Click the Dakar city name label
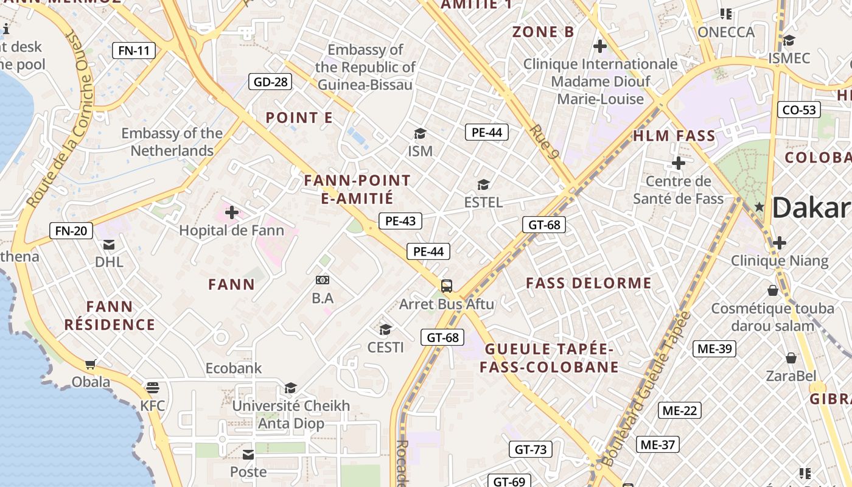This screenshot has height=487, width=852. tap(811, 208)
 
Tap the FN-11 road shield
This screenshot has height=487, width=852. tap(134, 51)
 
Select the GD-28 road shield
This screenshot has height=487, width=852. tap(270, 82)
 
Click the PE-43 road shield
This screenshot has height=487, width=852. tap(400, 221)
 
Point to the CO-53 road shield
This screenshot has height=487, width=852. tap(799, 110)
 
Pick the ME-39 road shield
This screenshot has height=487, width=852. tap(714, 349)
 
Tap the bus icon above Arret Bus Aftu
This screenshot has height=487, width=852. tap(447, 286)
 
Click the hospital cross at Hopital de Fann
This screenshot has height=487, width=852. tap(232, 212)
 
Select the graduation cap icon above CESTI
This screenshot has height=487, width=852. tap(385, 330)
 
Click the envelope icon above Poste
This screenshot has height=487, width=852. tap(248, 454)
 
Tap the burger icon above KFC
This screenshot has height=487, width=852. tap(152, 388)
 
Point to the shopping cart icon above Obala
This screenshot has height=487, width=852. tap(91, 365)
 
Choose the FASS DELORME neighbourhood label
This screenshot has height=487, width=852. tap(588, 283)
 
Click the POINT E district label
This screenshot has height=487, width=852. tap(299, 118)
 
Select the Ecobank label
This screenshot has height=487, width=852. tap(234, 368)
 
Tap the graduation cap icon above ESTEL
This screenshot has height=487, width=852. tap(483, 184)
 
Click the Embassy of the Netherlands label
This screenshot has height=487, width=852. tap(172, 142)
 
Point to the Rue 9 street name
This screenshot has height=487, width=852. tap(544, 141)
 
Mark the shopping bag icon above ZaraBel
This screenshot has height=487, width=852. tap(791, 357)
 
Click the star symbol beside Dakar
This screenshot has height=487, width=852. tap(759, 207)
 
